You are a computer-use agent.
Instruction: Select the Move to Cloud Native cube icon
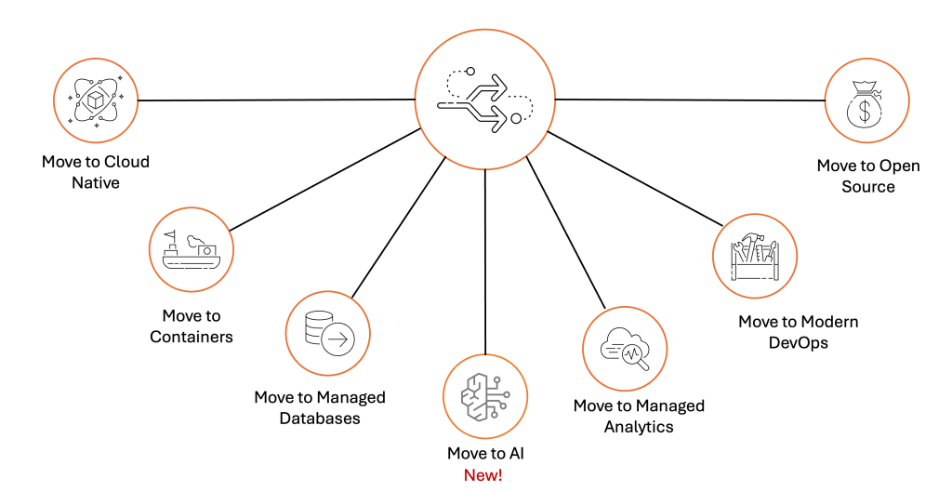(96, 98)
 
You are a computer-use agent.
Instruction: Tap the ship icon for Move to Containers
(192, 249)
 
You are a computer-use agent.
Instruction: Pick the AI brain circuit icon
(484, 395)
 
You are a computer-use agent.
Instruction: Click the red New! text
(484, 475)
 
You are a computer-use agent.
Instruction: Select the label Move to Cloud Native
(96, 172)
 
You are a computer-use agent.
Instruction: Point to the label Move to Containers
(192, 326)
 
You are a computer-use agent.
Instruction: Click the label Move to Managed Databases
(320, 407)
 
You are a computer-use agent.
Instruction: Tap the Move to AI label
(484, 454)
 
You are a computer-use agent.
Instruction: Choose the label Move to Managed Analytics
(639, 416)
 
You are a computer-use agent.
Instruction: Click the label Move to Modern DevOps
(798, 332)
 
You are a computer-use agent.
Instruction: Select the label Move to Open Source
(868, 176)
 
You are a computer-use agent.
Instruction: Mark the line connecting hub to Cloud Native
(279, 100)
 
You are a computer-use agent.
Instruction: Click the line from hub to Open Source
(688, 99)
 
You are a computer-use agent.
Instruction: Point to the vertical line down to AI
(484, 260)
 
